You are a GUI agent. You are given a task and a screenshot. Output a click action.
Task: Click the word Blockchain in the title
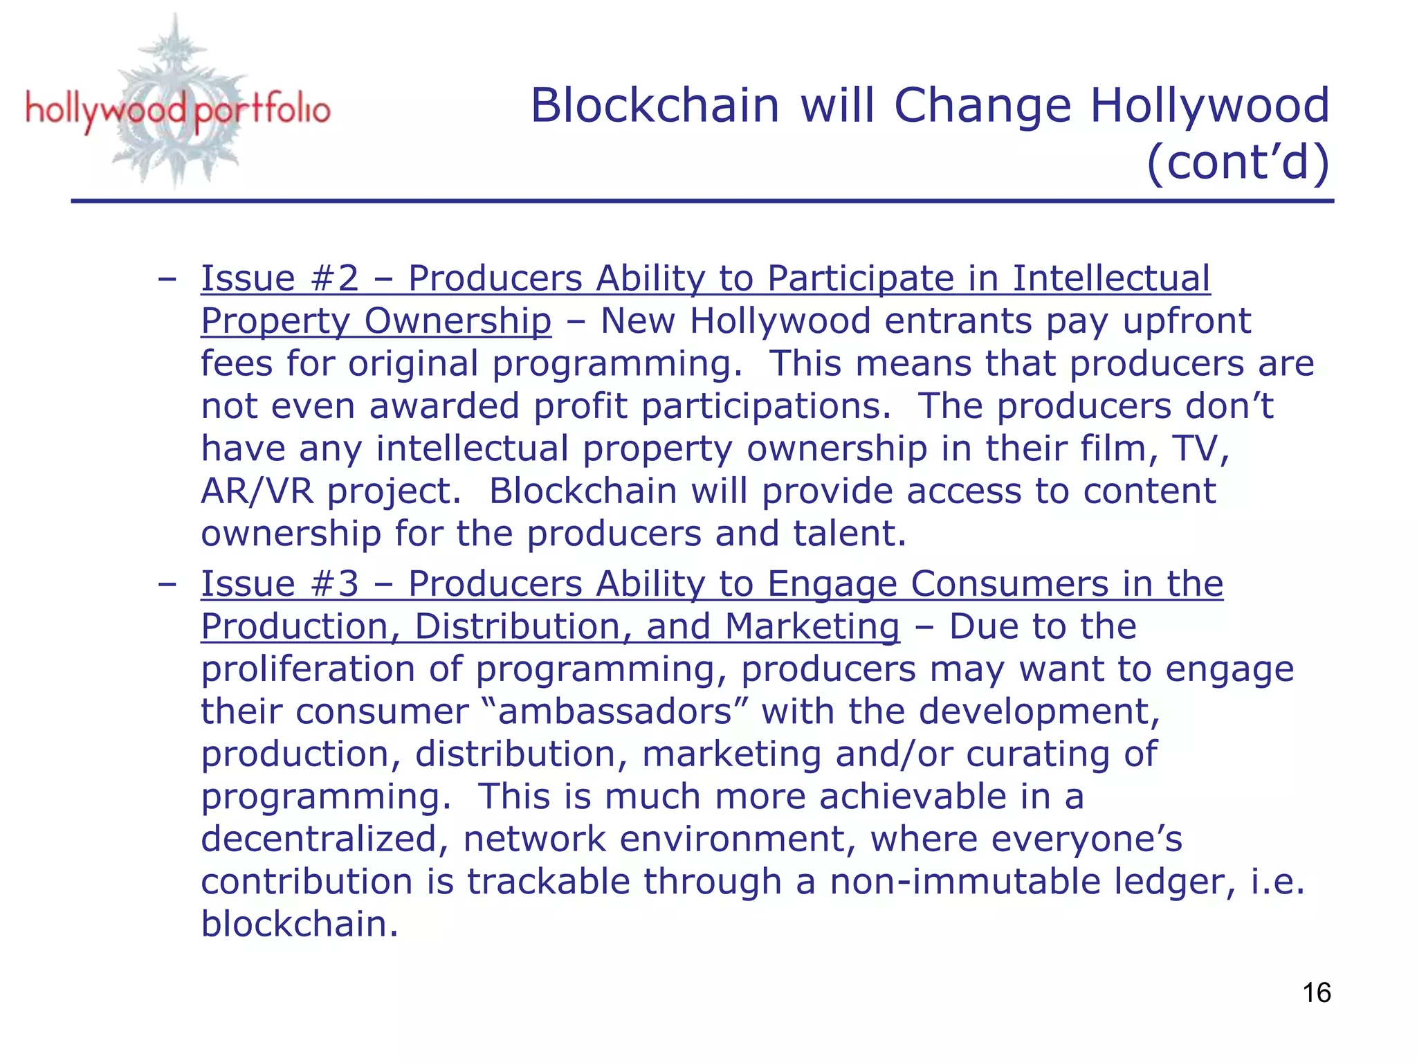[655, 106]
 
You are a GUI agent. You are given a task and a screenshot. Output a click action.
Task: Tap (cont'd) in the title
[1237, 162]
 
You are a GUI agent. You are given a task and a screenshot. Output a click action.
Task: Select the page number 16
[1316, 993]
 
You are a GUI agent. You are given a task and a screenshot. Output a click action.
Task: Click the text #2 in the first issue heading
[335, 278]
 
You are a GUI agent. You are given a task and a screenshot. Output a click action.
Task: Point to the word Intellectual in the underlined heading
[1111, 278]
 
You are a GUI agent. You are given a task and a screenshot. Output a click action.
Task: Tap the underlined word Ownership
[457, 321]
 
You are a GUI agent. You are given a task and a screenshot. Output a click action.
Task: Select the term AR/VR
[257, 491]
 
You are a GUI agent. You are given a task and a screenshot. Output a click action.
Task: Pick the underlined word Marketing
[812, 626]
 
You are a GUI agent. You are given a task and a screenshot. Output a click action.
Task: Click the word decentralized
[319, 839]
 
